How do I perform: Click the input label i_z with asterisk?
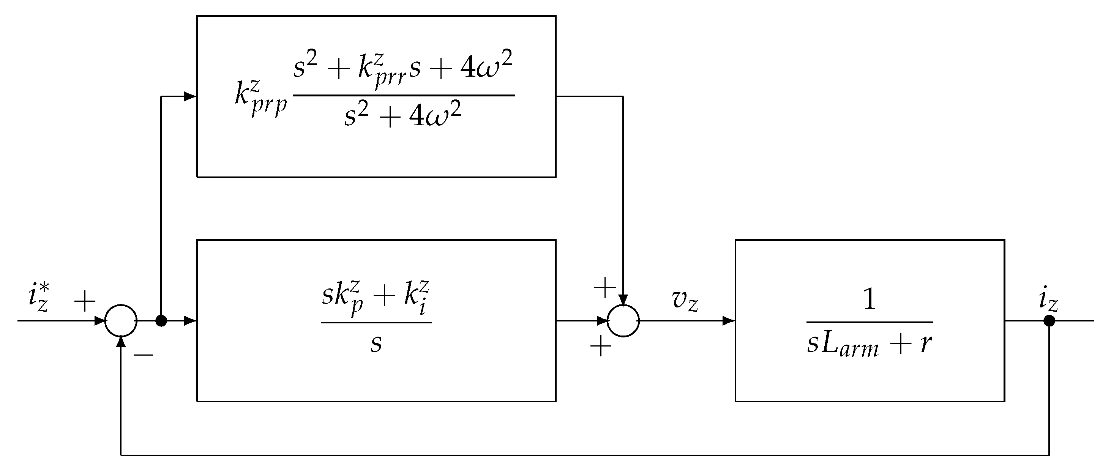click(x=38, y=297)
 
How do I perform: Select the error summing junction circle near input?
click(x=121, y=321)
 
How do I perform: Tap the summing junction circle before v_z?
click(x=623, y=321)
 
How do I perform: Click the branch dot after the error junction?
click(x=161, y=321)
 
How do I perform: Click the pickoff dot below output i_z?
click(x=1049, y=321)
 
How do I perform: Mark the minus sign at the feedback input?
click(x=143, y=354)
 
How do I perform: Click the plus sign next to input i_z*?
click(x=85, y=301)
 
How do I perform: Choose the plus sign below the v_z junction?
click(x=601, y=346)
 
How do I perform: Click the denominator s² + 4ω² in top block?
click(x=403, y=115)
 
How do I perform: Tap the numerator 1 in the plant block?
click(x=870, y=299)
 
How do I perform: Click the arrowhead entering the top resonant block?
click(x=190, y=96)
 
